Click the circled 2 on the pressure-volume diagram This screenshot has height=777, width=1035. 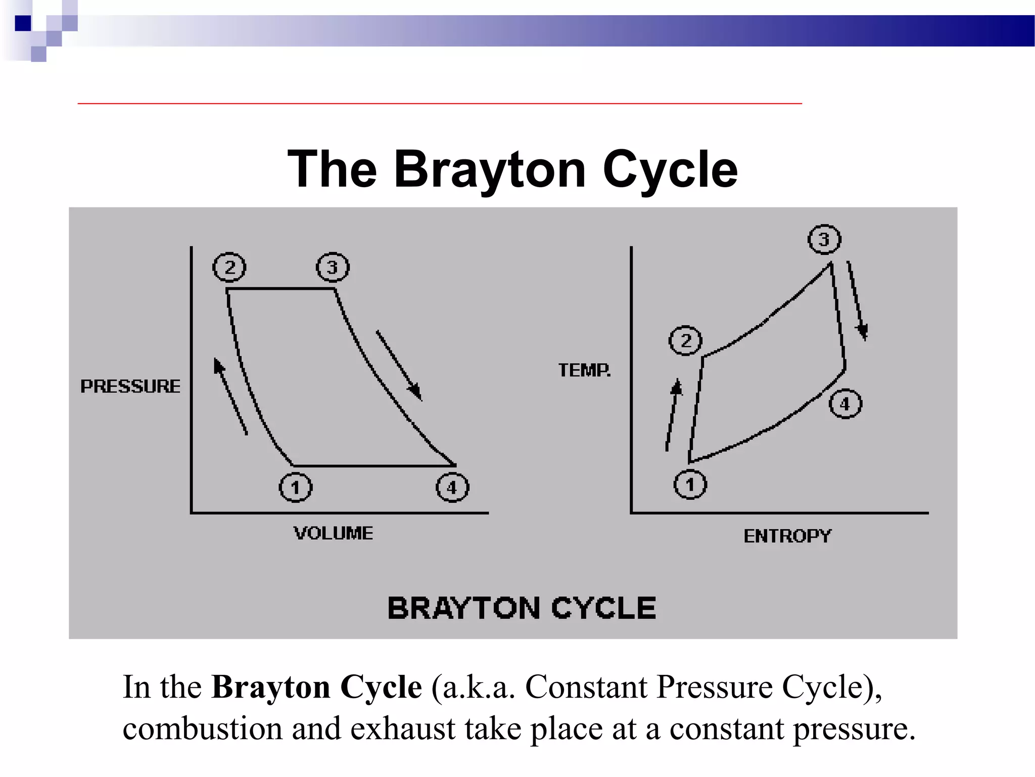coord(229,267)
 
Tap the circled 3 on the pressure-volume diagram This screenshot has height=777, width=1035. coord(333,267)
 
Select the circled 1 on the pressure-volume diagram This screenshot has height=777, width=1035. coord(296,488)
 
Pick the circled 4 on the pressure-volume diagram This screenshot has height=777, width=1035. coord(452,488)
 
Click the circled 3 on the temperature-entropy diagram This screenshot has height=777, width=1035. coord(824,239)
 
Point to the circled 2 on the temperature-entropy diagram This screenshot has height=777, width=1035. coord(685,340)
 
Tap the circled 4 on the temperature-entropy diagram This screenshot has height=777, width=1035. coord(845,404)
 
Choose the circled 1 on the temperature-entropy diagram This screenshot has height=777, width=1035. coord(690,485)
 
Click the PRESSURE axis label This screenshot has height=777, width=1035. coord(130,386)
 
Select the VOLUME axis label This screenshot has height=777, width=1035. coord(334,533)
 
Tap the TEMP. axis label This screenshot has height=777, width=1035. coord(585,370)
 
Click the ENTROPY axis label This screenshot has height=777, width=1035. coord(787,536)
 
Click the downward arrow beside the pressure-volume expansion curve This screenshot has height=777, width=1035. coord(399,365)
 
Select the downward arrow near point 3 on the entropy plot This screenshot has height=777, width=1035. coord(857,300)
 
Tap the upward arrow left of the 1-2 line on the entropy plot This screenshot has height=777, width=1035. coord(673,415)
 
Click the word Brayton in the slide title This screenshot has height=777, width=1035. coord(490,169)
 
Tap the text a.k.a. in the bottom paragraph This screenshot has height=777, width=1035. coord(474,687)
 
